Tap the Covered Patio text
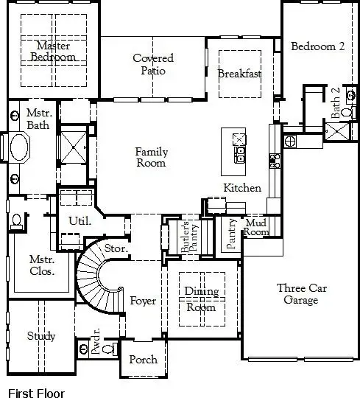153,64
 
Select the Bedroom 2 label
317,46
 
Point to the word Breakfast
239,74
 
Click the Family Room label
152,158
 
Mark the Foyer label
143,301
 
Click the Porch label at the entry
143,360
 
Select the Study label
41,336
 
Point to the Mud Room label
255,226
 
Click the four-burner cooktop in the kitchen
274,161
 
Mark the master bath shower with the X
72,144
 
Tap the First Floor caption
36,394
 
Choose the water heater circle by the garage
290,141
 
